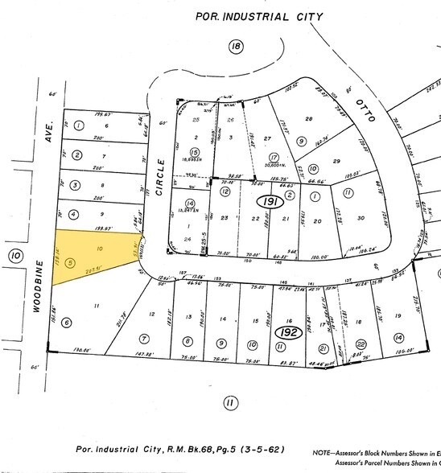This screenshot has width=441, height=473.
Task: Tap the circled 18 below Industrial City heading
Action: click(x=236, y=48)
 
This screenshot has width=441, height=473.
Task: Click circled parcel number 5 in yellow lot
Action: click(x=72, y=262)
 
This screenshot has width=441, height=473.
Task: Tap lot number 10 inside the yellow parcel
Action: click(x=100, y=250)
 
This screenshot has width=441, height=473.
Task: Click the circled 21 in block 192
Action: click(x=323, y=348)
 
